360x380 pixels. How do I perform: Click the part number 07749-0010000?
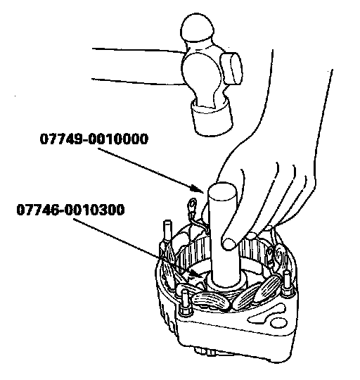[x=94, y=139]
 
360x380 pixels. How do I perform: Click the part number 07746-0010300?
[x=70, y=210]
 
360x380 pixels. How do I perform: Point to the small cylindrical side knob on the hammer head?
[x=231, y=68]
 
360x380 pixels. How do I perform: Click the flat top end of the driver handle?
[x=222, y=191]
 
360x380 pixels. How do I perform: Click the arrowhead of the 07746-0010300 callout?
[x=196, y=273]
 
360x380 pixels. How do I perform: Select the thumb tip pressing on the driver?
[x=229, y=243]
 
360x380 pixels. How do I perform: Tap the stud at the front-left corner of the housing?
[x=185, y=302]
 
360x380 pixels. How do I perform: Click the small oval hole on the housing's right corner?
[x=278, y=323]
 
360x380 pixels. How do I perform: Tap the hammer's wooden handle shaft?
[x=138, y=65]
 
